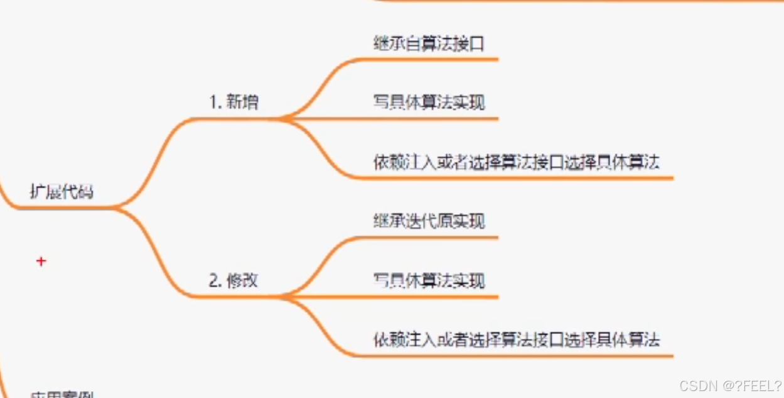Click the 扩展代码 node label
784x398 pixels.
point(62,191)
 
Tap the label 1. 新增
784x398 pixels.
point(234,102)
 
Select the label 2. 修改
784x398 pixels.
point(233,280)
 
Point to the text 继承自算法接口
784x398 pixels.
point(429,43)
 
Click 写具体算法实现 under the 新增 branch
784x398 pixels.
point(429,102)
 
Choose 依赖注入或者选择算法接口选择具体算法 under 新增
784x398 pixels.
point(516,162)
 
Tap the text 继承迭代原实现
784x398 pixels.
point(429,221)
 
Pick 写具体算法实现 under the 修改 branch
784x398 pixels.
point(429,280)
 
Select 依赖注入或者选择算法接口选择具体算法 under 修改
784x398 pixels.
point(516,340)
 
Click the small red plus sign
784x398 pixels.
point(41,261)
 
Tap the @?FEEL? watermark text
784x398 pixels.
point(751,385)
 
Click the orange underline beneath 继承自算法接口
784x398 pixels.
point(433,60)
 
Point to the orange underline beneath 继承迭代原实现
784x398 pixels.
point(433,238)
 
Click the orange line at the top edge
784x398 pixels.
point(565,1)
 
